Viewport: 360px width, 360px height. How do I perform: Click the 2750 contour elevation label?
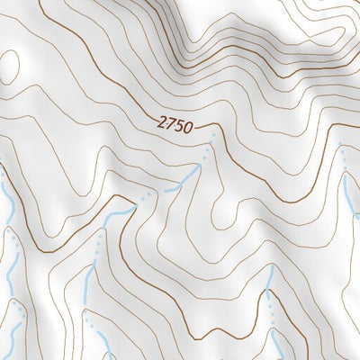pos(174,125)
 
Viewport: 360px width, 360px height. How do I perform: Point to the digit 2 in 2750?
pos(160,123)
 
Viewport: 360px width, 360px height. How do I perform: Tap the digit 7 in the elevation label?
pos(169,124)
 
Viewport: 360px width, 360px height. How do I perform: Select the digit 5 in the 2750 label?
pos(178,126)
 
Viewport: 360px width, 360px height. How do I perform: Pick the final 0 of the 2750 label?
pos(187,127)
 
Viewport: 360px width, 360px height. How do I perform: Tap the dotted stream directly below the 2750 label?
pos(208,148)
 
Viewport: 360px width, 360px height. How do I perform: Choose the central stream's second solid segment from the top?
pos(118,215)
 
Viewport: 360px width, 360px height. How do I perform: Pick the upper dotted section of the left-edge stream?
pos(11,238)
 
